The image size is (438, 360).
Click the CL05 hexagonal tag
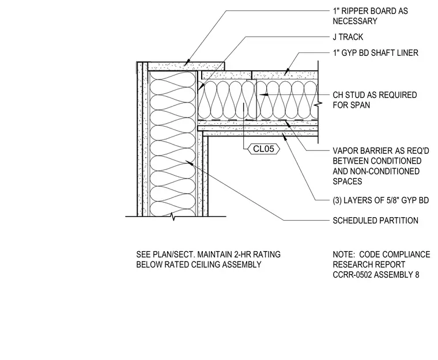click(264, 149)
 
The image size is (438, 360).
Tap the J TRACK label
click(348, 37)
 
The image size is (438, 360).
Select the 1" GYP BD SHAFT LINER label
click(375, 53)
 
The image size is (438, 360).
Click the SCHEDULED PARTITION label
click(375, 221)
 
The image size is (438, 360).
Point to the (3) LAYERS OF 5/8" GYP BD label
click(381, 200)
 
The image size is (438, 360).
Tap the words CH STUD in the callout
click(349, 95)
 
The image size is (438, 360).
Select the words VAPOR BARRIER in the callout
click(362, 151)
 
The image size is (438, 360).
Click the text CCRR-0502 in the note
click(352, 275)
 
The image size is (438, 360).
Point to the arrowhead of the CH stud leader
click(263, 94)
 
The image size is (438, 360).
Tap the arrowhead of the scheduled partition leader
click(190, 162)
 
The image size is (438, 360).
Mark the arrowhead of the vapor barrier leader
click(288, 123)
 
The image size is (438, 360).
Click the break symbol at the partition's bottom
click(173, 217)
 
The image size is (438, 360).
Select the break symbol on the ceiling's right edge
click(318, 104)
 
